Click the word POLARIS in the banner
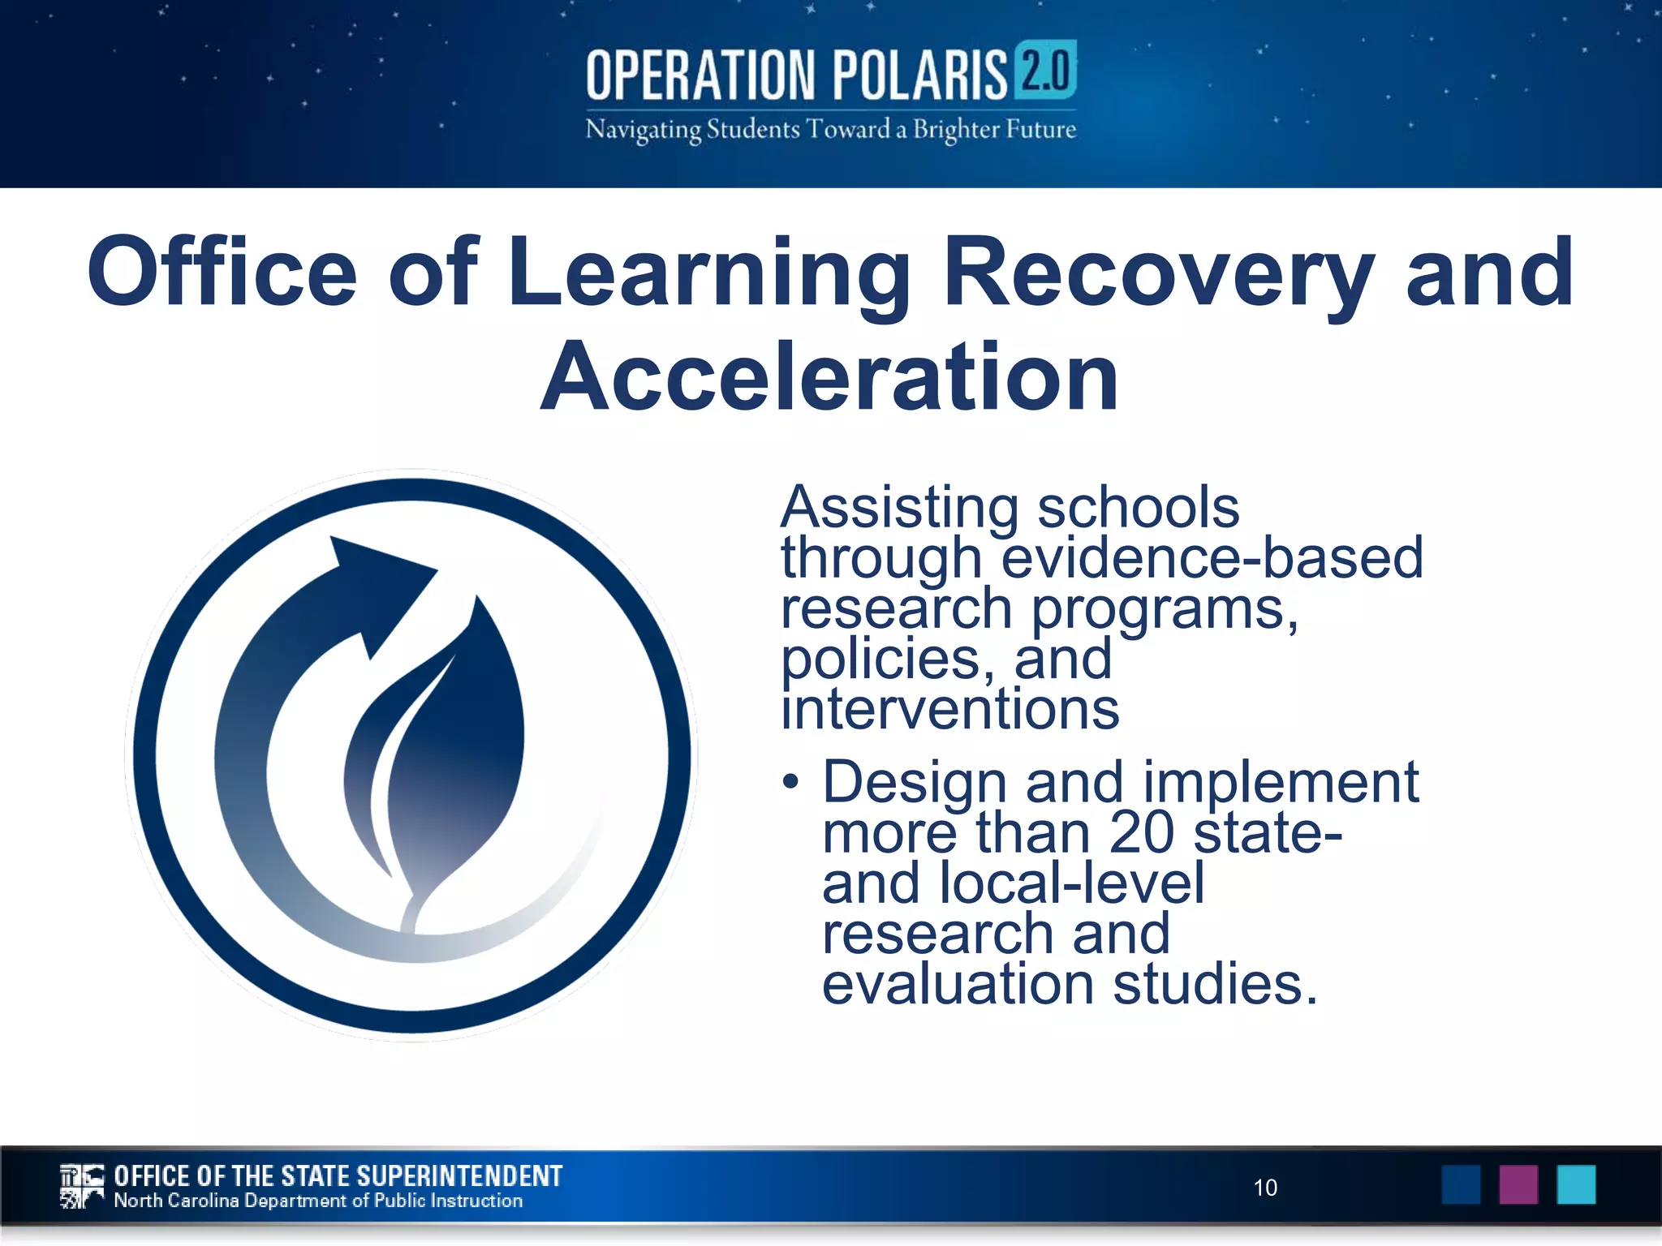(x=919, y=75)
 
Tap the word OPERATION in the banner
(x=700, y=75)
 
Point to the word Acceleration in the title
(x=829, y=377)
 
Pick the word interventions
(x=950, y=709)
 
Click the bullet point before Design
(x=791, y=783)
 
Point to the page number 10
(x=1265, y=1188)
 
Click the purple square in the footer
(x=1518, y=1185)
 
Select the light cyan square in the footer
(x=1576, y=1185)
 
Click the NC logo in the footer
(x=82, y=1187)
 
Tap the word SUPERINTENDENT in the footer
(x=459, y=1176)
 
